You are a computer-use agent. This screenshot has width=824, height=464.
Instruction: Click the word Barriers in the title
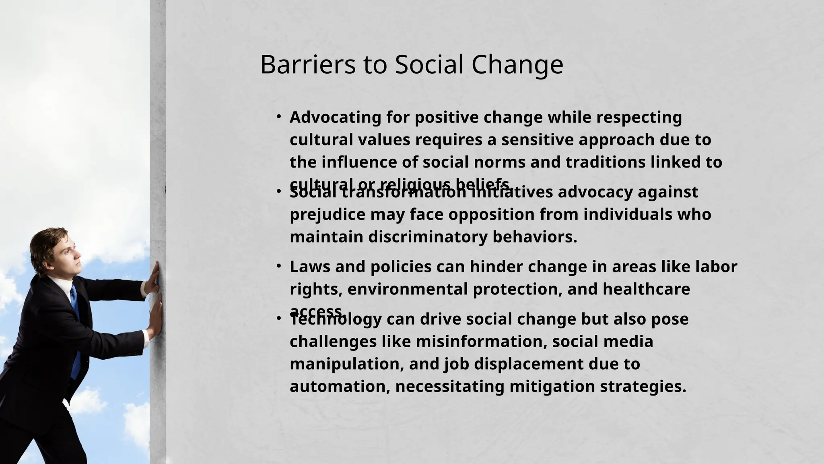coord(308,64)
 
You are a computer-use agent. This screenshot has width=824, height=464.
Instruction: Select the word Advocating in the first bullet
coord(335,117)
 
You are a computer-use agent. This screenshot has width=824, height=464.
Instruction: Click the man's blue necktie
coord(75,322)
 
